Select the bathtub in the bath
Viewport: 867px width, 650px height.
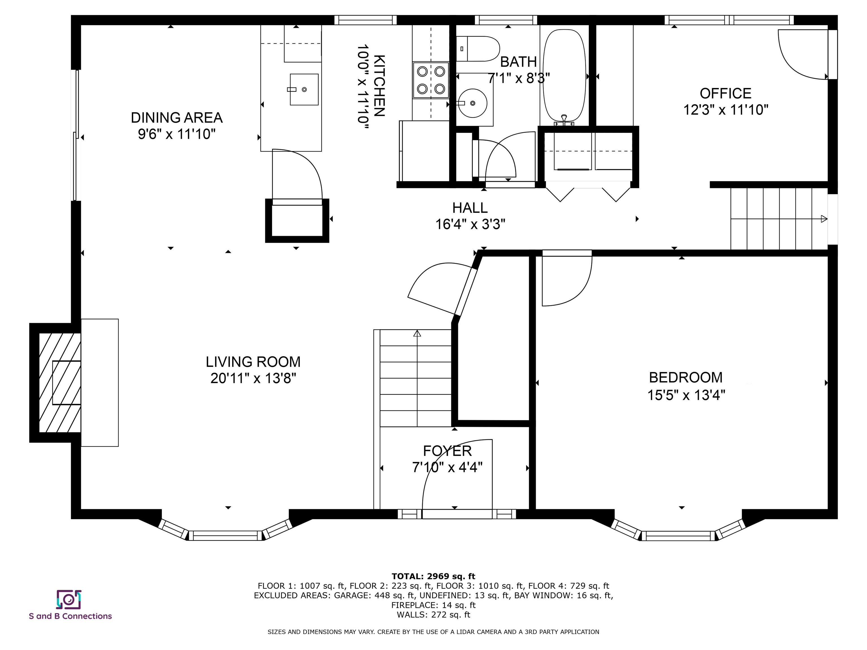point(564,75)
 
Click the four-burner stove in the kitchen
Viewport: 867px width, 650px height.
point(431,80)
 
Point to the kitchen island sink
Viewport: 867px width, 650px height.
point(304,89)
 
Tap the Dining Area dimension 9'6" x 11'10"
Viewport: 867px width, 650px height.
point(177,134)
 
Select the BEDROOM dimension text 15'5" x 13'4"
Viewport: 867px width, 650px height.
point(686,395)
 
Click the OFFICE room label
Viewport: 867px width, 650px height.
point(726,94)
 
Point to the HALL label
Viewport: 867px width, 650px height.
point(470,208)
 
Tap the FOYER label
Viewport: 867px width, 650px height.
point(447,451)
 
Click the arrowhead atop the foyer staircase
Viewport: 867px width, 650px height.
point(417,333)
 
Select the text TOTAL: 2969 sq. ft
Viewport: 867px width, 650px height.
point(433,576)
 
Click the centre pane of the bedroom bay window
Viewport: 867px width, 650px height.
point(678,535)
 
